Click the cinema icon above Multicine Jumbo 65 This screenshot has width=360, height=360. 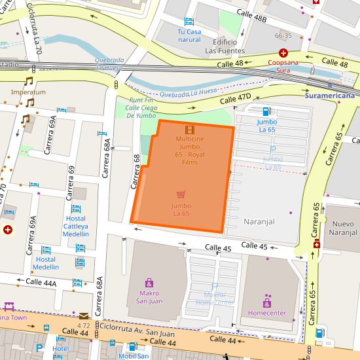click(x=189, y=130)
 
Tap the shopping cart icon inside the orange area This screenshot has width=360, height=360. click(x=181, y=194)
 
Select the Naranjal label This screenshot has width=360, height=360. click(x=259, y=222)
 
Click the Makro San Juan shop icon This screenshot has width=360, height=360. click(x=149, y=283)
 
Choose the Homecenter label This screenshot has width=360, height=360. click(x=266, y=313)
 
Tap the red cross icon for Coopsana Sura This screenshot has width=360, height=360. click(x=283, y=53)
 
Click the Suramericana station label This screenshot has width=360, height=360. click(x=329, y=96)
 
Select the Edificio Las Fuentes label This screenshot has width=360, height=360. click(x=225, y=46)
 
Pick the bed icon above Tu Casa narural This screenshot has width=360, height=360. click(x=189, y=22)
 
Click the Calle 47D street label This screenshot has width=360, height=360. click(x=235, y=98)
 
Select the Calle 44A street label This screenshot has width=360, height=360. click(x=41, y=282)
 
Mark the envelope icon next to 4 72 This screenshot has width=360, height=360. click(x=84, y=316)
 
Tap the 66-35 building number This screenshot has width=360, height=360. click(x=283, y=35)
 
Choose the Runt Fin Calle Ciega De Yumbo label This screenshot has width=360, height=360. click(x=141, y=107)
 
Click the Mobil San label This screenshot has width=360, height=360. click(x=134, y=356)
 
